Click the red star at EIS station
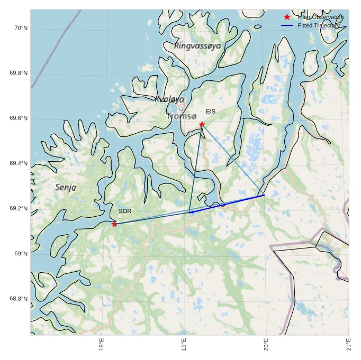point(202,124)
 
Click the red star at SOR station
point(114,224)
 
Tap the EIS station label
point(211,112)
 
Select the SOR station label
point(125,211)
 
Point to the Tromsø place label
point(181,116)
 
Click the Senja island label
point(66,187)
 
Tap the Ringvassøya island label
point(197,47)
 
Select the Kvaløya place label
point(169,99)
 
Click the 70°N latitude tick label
point(20,28)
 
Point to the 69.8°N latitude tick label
point(19,73)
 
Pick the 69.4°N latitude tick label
point(19,163)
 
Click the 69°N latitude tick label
point(20,254)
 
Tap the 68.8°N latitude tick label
point(19,299)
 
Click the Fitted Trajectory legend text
point(318,25)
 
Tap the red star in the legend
point(287,17)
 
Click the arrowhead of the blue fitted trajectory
point(191,212)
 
